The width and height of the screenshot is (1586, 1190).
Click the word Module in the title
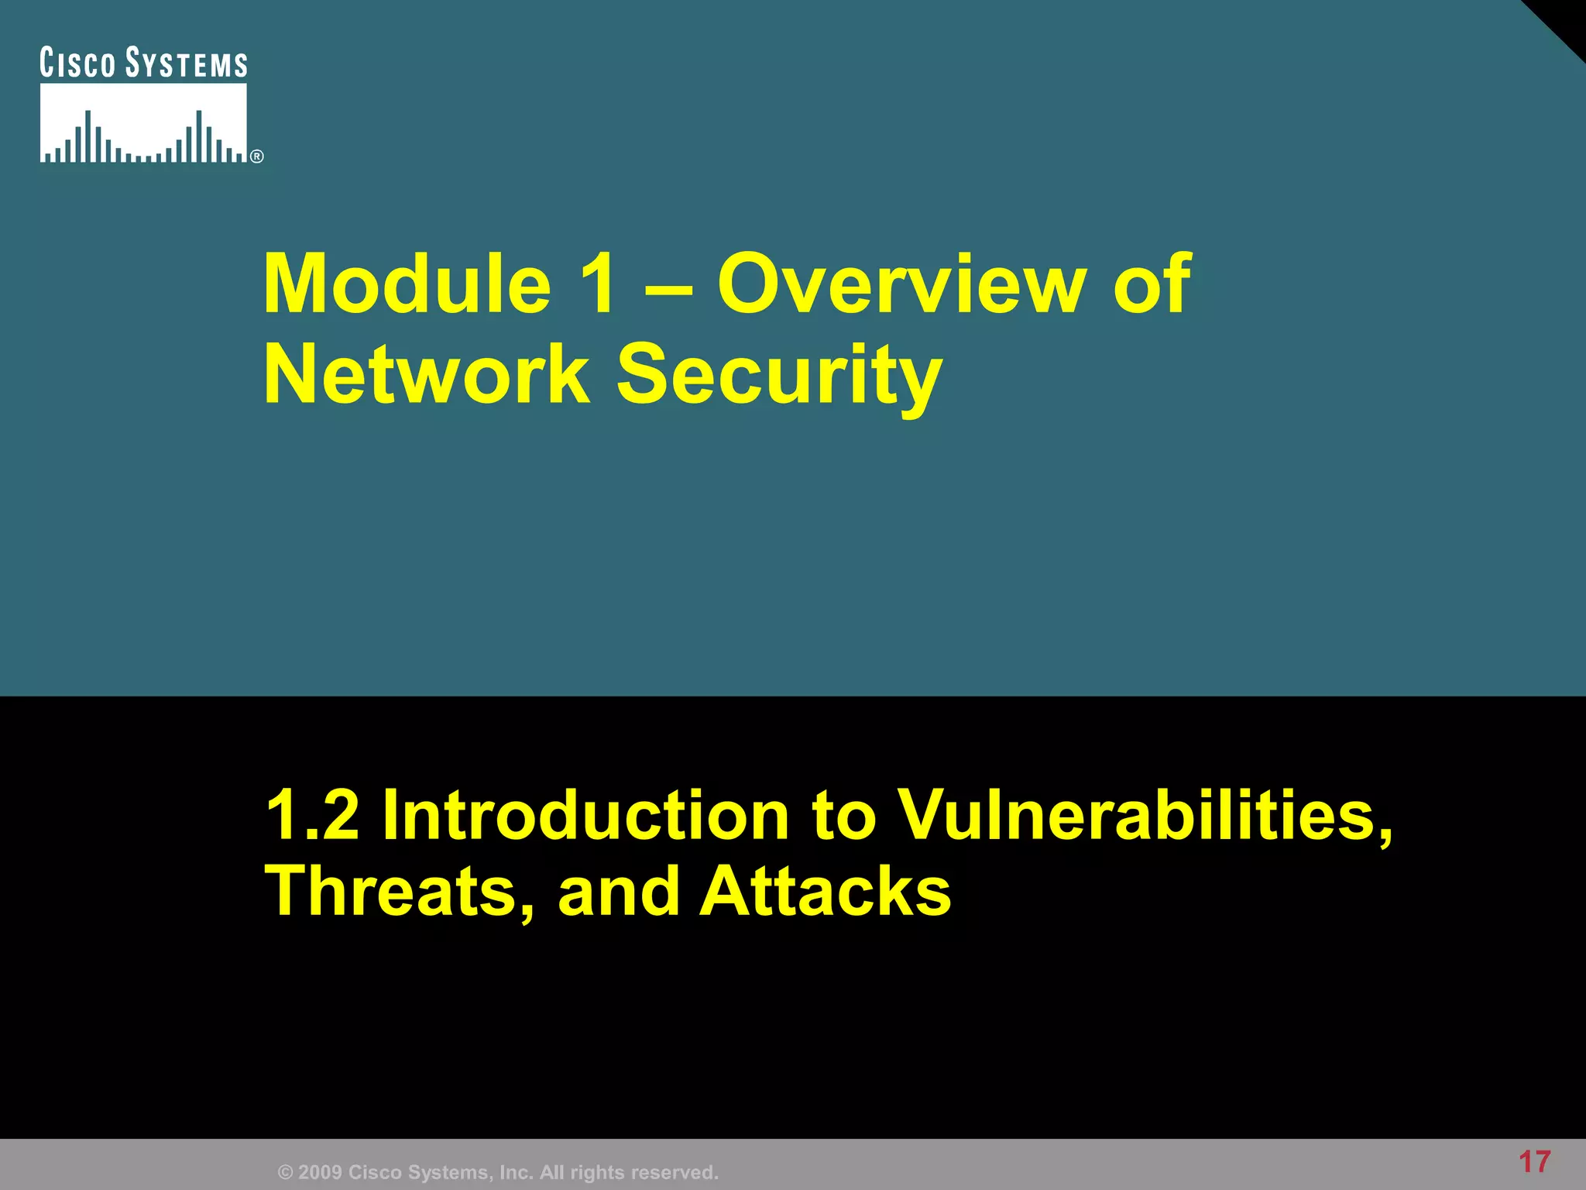(407, 284)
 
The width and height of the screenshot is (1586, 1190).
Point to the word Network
(427, 375)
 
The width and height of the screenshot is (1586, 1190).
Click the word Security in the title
(779, 377)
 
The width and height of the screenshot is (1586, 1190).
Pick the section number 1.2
(313, 815)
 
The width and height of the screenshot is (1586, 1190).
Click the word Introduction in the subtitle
(585, 815)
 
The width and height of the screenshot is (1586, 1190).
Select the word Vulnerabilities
(1145, 815)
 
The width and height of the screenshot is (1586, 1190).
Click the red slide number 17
(1534, 1162)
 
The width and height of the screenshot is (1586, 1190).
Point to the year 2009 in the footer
(320, 1172)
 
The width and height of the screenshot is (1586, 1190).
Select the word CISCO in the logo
(77, 63)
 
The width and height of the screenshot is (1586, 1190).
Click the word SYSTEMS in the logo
(187, 63)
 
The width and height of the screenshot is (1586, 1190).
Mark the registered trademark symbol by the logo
(257, 156)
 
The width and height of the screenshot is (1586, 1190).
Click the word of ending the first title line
(1152, 284)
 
